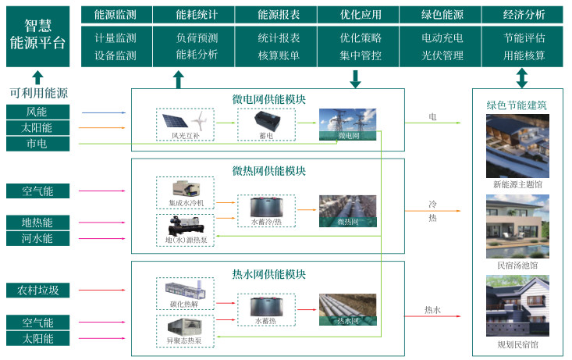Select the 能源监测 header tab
(x=115, y=15)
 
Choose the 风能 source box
(x=37, y=112)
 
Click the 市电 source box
(x=37, y=144)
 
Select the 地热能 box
(x=37, y=223)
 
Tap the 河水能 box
(x=37, y=238)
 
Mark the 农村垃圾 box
(x=37, y=290)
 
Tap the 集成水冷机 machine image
(x=186, y=188)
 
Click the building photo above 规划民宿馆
(x=517, y=307)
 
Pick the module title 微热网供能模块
(x=268, y=171)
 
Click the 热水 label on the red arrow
(x=432, y=310)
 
